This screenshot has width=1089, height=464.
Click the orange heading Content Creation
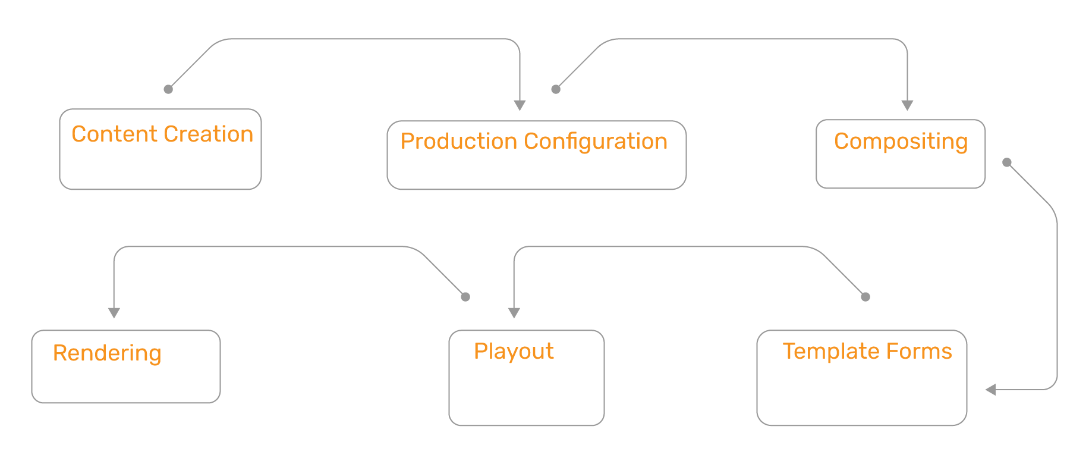pyautogui.click(x=162, y=134)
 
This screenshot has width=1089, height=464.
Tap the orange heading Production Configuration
pyautogui.click(x=534, y=142)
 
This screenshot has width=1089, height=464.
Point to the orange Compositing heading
pyautogui.click(x=901, y=142)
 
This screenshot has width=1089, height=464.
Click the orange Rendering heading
pyautogui.click(x=107, y=353)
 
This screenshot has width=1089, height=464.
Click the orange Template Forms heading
pyautogui.click(x=867, y=352)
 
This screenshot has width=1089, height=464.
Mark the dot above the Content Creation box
pyautogui.click(x=168, y=89)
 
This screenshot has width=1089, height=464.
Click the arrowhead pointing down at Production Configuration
pyautogui.click(x=520, y=105)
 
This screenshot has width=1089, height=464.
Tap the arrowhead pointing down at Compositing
pyautogui.click(x=907, y=105)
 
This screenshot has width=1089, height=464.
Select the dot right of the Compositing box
pyautogui.click(x=1007, y=162)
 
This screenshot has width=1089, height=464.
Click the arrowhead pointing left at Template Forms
pyautogui.click(x=991, y=390)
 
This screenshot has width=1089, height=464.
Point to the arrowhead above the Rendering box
pyautogui.click(x=114, y=313)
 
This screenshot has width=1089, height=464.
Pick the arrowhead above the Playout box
pyautogui.click(x=514, y=313)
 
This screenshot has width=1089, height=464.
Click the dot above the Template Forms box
pyautogui.click(x=865, y=297)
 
